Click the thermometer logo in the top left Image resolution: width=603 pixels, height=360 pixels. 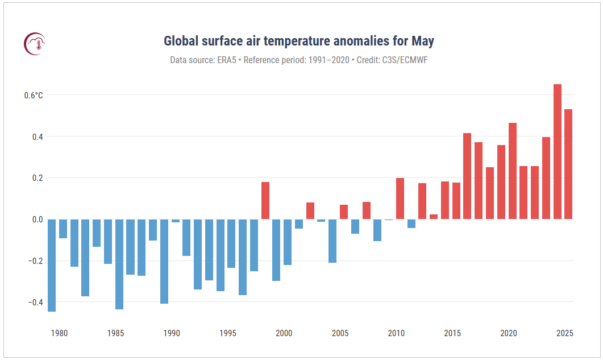[x=35, y=43]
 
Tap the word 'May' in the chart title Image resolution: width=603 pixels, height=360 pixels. [x=423, y=42]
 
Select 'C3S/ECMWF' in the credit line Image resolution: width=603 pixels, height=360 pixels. [x=405, y=60]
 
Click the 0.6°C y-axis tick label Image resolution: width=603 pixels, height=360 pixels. [x=34, y=96]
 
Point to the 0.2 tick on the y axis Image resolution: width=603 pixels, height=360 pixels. [x=37, y=178]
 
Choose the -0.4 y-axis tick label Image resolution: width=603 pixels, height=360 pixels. [x=36, y=302]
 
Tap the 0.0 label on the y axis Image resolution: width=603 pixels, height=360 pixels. [x=37, y=220]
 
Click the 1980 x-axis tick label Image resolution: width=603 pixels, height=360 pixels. [x=59, y=333]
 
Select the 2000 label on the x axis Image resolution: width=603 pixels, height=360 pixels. [x=284, y=333]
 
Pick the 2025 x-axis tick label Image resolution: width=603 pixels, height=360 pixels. [x=565, y=333]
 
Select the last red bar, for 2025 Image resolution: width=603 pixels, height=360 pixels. [x=568, y=164]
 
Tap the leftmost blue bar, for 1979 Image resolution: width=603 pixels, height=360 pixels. [x=52, y=265]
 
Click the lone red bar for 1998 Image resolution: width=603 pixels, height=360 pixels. [x=265, y=201]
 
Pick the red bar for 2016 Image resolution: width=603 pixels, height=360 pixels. [x=467, y=176]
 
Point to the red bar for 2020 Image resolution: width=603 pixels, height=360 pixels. [x=513, y=171]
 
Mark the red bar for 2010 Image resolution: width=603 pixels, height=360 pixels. [x=400, y=198]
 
